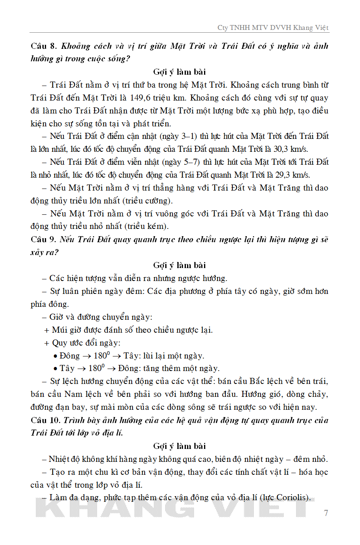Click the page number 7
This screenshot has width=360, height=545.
pos(326,513)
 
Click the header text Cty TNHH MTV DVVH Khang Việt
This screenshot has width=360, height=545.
pos(273,27)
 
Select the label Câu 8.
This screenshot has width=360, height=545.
pos(43,46)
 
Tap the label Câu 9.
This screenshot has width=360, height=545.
pos(43,240)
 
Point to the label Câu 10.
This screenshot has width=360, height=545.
pos(45,421)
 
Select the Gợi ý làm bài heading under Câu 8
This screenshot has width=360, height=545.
pos(179,72)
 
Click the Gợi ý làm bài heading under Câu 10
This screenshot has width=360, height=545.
pos(179,446)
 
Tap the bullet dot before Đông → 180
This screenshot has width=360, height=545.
pos(55,356)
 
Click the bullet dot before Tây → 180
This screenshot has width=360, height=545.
pos(55,369)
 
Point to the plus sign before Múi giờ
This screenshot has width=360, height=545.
pos(46,330)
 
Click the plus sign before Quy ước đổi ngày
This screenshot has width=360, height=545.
pos(46,343)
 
